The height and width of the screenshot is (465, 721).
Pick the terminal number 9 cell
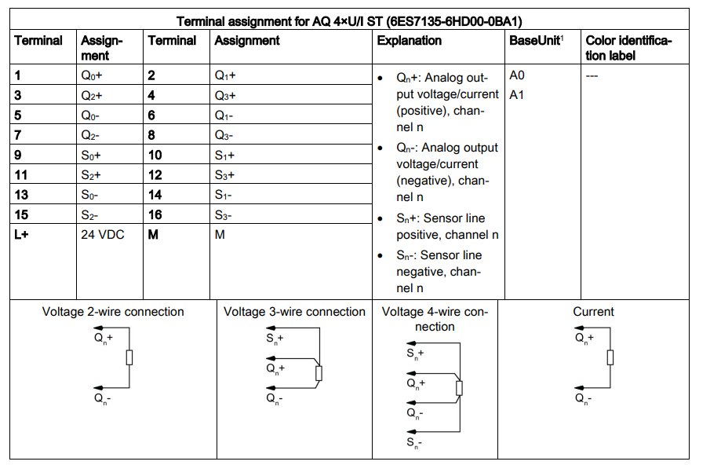tap(20, 155)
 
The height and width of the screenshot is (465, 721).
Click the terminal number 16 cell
tap(156, 214)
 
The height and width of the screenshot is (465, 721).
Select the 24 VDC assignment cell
tap(103, 234)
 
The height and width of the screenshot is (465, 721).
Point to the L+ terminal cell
tap(21, 234)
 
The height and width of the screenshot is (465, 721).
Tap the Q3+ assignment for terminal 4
tap(225, 96)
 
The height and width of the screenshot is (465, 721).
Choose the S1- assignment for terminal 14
tap(224, 195)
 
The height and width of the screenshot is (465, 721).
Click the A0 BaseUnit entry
tap(516, 76)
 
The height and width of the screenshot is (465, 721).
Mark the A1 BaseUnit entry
tap(516, 96)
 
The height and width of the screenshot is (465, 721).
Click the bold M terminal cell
tap(154, 234)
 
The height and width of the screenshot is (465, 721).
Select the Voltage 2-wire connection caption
tap(113, 312)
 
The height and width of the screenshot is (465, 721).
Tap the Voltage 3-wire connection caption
tap(294, 312)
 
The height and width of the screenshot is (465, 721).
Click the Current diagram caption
tap(593, 312)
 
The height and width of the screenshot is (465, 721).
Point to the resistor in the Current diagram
tap(610, 358)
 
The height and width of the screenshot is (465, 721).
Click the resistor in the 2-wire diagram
tap(129, 358)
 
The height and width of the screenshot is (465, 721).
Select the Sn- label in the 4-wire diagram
tap(415, 445)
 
